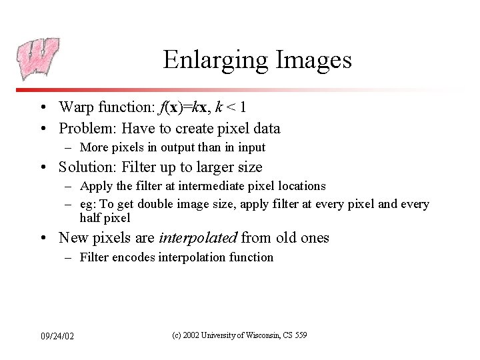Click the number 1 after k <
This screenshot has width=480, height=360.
[x=245, y=107]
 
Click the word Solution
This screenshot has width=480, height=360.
[x=87, y=167]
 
